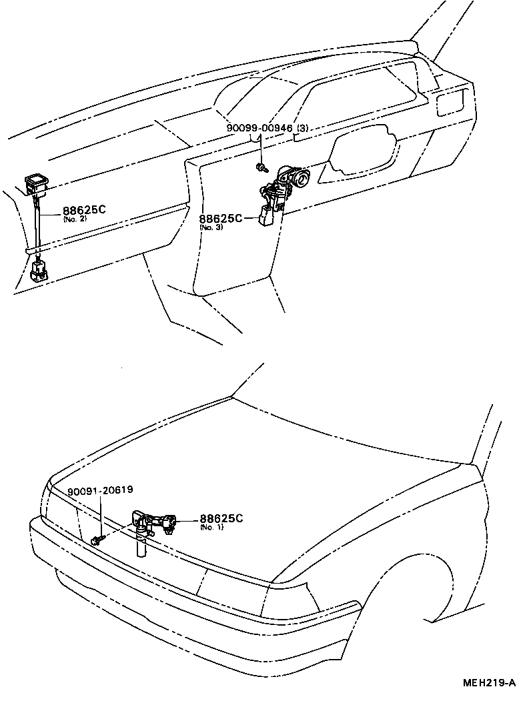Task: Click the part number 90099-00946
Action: click(259, 127)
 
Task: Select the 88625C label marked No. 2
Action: click(84, 209)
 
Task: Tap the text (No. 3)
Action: click(210, 227)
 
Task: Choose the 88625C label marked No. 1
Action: click(221, 518)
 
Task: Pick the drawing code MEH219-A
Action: click(490, 683)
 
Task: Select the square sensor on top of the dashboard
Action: click(35, 183)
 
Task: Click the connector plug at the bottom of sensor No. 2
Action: click(39, 270)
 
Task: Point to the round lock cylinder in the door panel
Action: click(302, 179)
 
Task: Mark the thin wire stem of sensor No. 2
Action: click(38, 227)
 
